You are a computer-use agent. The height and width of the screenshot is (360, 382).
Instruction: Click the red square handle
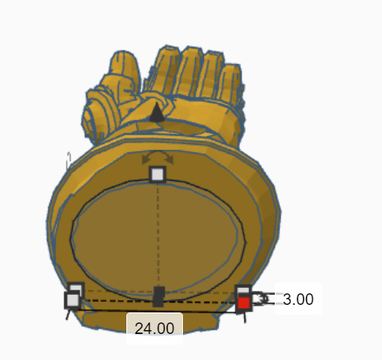click(243, 303)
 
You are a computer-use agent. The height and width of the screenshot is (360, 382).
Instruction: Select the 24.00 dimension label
click(155, 327)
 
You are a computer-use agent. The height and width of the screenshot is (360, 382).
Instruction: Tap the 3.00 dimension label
click(297, 299)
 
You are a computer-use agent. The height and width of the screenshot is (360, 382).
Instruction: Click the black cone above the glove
click(156, 113)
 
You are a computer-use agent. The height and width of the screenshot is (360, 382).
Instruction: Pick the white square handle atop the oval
click(157, 175)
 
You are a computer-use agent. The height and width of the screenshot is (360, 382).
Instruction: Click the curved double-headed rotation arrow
click(157, 157)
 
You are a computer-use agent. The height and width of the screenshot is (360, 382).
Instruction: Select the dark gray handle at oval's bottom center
click(158, 296)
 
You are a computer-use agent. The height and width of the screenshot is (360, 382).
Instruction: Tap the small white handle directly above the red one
click(243, 291)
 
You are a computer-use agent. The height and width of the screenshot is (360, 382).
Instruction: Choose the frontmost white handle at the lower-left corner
click(72, 301)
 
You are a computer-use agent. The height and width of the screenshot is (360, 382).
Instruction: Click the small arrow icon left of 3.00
click(264, 300)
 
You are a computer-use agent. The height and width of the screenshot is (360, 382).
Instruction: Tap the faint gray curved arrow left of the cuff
click(69, 159)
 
